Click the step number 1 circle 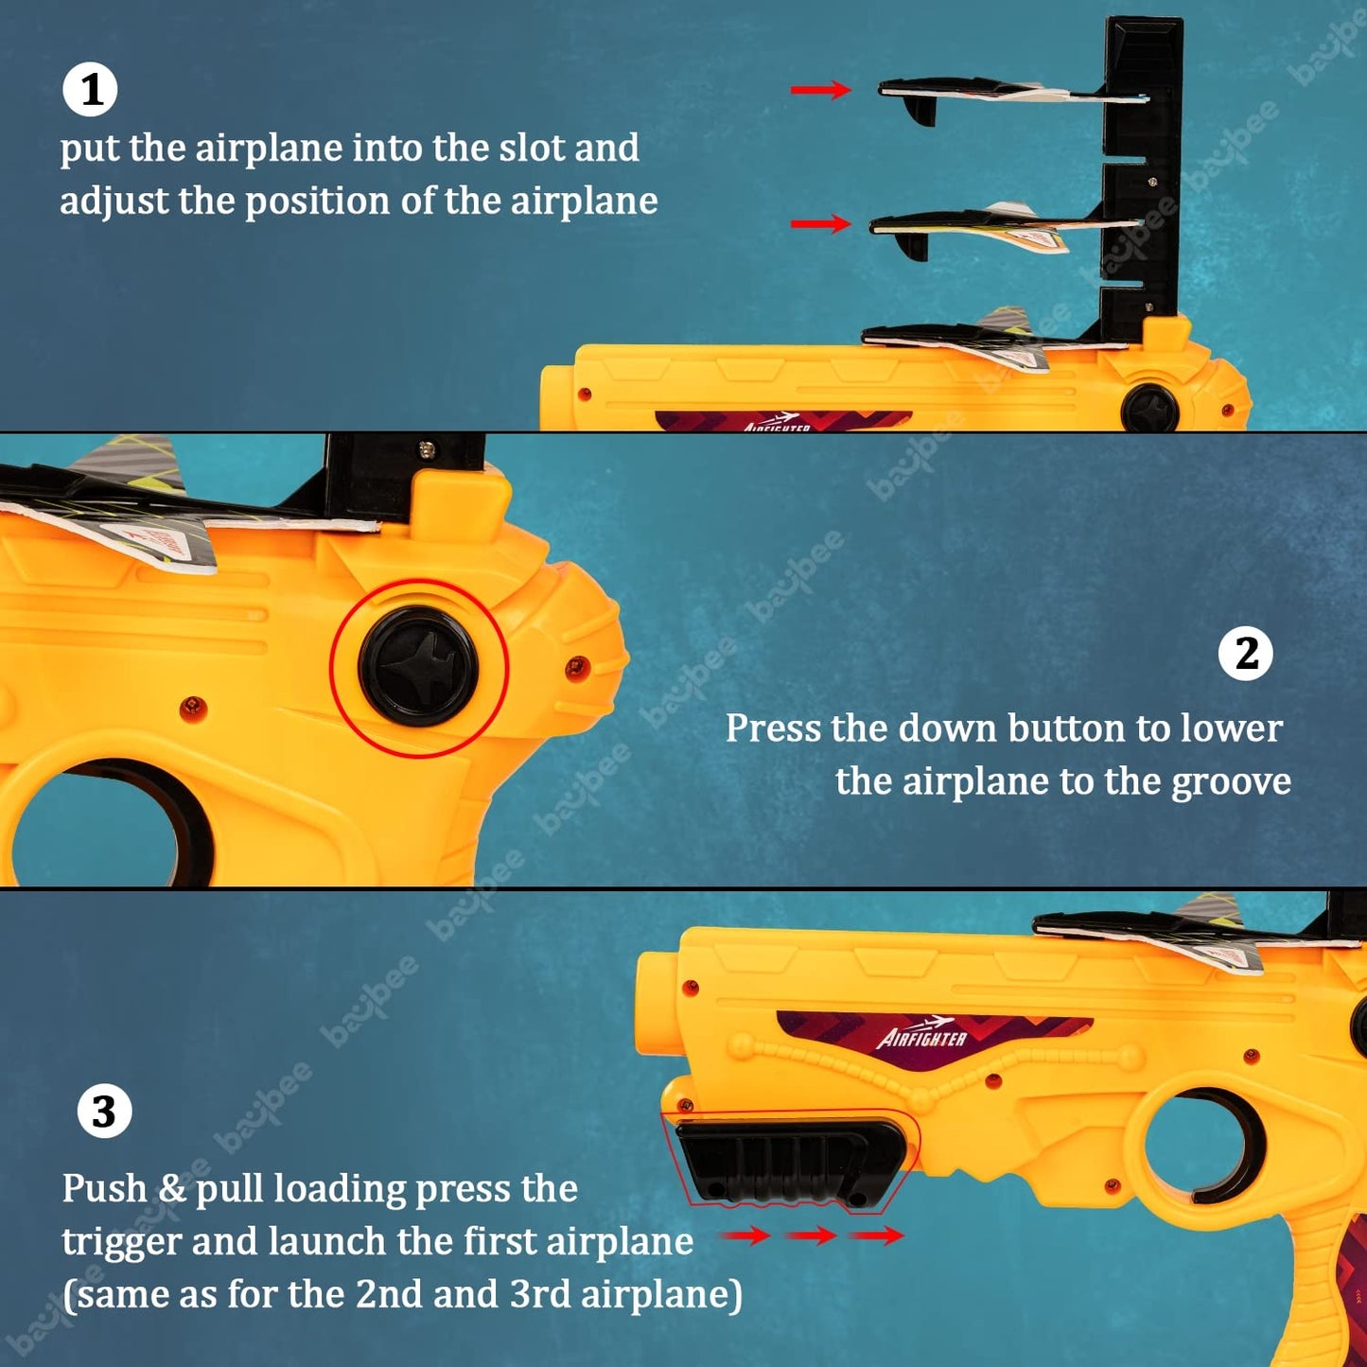pyautogui.click(x=90, y=89)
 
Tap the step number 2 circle pyautogui.click(x=1246, y=654)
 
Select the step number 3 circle pyautogui.click(x=104, y=1111)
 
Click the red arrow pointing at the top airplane pyautogui.click(x=821, y=89)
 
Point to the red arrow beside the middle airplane pyautogui.click(x=821, y=224)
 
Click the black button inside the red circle pyautogui.click(x=418, y=667)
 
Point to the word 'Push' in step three pyautogui.click(x=103, y=1188)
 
